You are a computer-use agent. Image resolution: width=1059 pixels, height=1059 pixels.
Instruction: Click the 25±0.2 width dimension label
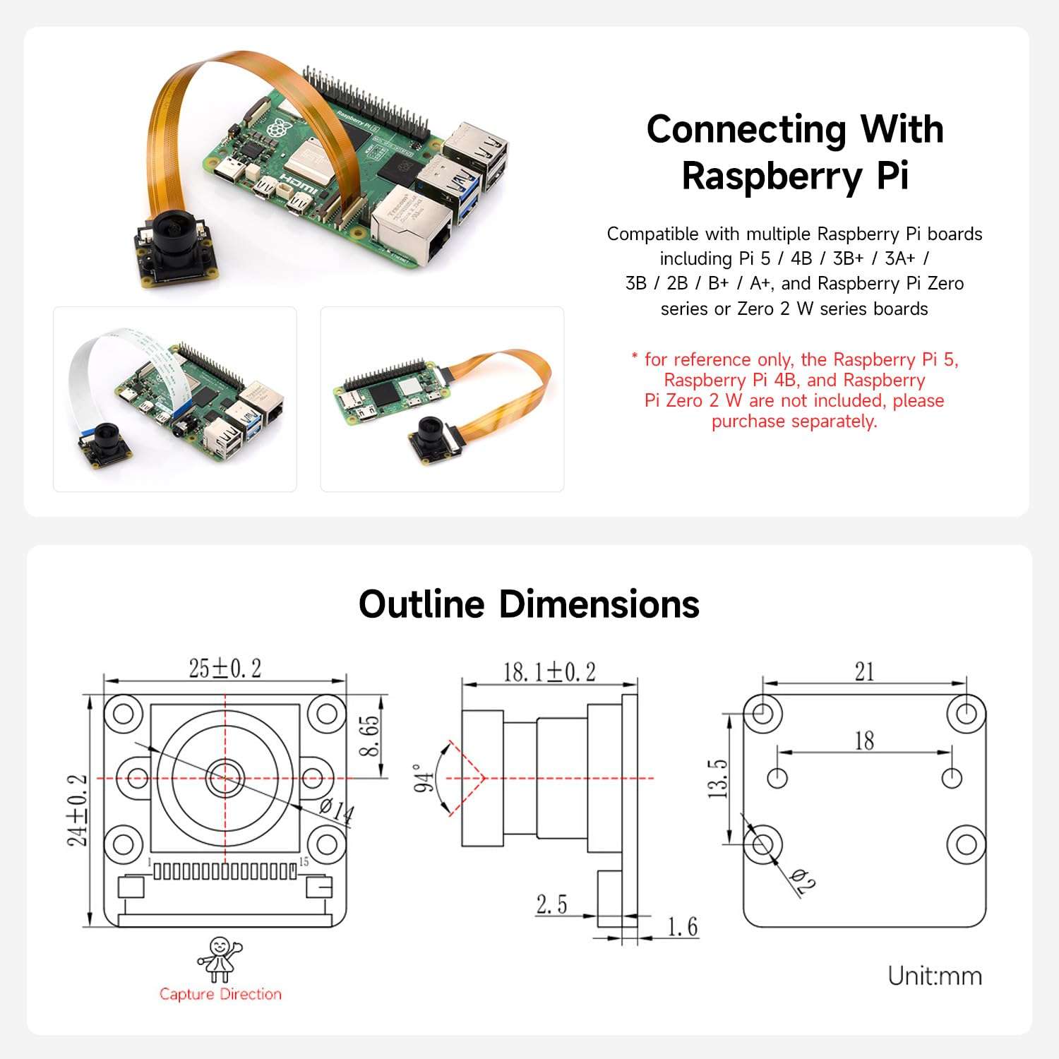coord(225,668)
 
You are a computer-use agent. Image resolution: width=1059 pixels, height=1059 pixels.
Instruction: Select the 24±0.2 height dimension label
coord(78,810)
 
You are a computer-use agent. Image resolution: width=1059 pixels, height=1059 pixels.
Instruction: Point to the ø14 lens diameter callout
coord(336,810)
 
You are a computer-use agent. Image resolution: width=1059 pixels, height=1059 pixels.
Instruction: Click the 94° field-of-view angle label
coord(422,778)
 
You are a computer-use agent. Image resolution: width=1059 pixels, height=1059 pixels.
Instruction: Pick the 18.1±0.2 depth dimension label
coord(549,671)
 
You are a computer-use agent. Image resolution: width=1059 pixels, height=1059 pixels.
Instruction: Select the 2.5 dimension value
coord(551,904)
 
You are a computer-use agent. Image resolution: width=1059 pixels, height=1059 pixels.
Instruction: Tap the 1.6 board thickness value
coord(682,927)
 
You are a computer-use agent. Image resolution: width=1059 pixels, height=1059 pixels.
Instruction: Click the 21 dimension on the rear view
coord(864,671)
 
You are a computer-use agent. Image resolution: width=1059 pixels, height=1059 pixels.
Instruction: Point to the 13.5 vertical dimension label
coord(717,779)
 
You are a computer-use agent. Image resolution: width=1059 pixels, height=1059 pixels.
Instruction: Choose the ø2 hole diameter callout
coord(804,880)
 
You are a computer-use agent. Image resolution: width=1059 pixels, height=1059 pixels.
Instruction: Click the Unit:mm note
coord(935,976)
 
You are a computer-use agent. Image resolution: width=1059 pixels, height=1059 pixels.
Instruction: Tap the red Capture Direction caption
coord(220,994)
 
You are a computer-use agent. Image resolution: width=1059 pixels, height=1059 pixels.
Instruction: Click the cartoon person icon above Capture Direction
coord(219,958)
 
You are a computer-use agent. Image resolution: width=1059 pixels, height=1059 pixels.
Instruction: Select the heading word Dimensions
coord(599,604)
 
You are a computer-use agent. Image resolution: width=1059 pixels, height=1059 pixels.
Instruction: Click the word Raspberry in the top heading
coord(771,176)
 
